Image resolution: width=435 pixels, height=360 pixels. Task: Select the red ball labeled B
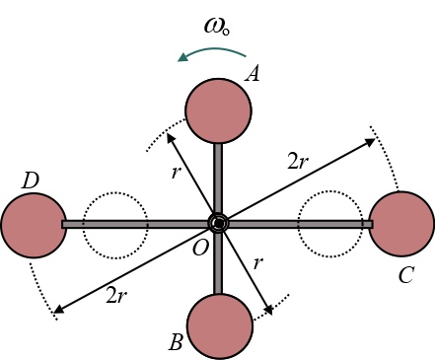click(x=219, y=325)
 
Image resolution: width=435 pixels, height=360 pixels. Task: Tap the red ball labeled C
click(x=401, y=225)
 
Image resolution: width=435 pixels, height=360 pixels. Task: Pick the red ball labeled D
click(x=33, y=225)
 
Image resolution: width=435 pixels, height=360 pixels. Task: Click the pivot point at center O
click(x=218, y=225)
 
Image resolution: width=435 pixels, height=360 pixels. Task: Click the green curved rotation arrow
click(x=209, y=56)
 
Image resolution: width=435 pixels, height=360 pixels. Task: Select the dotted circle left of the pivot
click(x=113, y=225)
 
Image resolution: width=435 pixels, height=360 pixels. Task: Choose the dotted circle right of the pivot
click(x=327, y=225)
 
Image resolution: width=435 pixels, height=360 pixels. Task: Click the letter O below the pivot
click(x=201, y=250)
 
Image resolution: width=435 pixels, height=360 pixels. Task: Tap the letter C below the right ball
click(x=404, y=275)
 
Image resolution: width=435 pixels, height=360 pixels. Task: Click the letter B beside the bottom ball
click(x=176, y=342)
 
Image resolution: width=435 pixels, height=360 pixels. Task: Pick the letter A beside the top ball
click(x=253, y=72)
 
